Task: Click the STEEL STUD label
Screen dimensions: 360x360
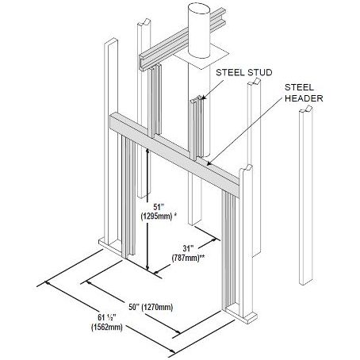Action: (x=244, y=72)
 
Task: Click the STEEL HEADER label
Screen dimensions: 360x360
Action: (x=304, y=93)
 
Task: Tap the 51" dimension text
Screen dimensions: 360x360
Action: (x=159, y=206)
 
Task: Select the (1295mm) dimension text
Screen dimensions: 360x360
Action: (x=156, y=216)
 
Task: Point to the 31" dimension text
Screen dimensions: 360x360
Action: (x=188, y=248)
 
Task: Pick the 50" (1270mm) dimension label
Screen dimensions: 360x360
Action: (x=151, y=307)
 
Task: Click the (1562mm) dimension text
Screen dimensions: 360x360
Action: (x=107, y=327)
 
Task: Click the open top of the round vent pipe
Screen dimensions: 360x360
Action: (x=199, y=10)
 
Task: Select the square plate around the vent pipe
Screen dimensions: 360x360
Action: (x=202, y=58)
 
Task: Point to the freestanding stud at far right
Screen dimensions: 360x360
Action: (x=306, y=195)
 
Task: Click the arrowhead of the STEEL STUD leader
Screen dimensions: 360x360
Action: (x=202, y=98)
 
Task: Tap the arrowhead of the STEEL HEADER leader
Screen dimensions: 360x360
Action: (x=209, y=164)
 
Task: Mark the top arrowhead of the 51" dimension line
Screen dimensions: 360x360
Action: (x=147, y=151)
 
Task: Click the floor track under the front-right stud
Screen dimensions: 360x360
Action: (x=239, y=314)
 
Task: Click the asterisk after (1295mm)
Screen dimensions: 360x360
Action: (x=175, y=214)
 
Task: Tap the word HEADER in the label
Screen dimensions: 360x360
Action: (x=304, y=98)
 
